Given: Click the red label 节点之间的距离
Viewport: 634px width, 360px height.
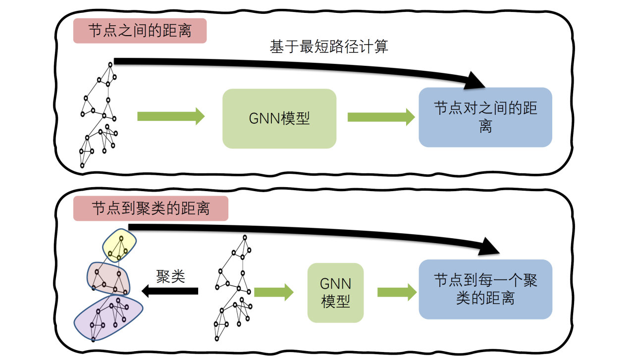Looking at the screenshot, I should pyautogui.click(x=140, y=31).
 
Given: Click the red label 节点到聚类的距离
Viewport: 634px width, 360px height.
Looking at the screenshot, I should pyautogui.click(x=151, y=208).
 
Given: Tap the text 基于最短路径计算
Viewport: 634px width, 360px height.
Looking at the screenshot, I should pyautogui.click(x=328, y=47).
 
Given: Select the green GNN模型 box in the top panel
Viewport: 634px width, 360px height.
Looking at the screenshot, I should pyautogui.click(x=279, y=119).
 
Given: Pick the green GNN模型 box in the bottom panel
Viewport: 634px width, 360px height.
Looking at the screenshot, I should pyautogui.click(x=335, y=293).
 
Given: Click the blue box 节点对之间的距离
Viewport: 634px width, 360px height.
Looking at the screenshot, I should pyautogui.click(x=485, y=117).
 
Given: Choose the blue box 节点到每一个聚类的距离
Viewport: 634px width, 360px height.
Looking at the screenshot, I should pyautogui.click(x=485, y=289).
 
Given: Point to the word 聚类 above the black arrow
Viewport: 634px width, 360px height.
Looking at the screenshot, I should pyautogui.click(x=170, y=276).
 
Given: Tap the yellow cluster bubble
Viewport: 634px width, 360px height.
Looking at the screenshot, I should pyautogui.click(x=119, y=245).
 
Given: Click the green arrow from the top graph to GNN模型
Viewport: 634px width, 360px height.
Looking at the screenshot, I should pyautogui.click(x=171, y=117).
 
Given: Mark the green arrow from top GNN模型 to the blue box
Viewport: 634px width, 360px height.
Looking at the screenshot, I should pyautogui.click(x=381, y=117).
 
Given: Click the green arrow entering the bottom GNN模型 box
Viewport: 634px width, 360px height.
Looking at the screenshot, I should pyautogui.click(x=274, y=292).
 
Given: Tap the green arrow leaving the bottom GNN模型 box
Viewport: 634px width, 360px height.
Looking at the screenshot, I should pyautogui.click(x=397, y=292).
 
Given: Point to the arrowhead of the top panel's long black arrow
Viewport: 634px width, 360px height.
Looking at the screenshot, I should pyautogui.click(x=475, y=81).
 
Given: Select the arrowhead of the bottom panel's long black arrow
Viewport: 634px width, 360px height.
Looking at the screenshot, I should pyautogui.click(x=498, y=246).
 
